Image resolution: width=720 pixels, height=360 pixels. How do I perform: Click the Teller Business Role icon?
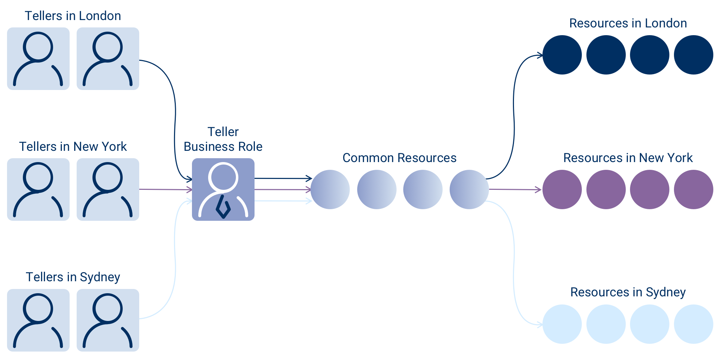(x=223, y=189)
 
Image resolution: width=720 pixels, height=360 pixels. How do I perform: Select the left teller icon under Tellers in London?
(x=38, y=59)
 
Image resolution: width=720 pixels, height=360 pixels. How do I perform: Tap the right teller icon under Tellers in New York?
(x=108, y=189)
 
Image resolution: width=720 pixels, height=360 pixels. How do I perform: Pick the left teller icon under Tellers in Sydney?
(x=38, y=320)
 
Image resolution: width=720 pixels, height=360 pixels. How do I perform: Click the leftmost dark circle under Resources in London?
(x=562, y=55)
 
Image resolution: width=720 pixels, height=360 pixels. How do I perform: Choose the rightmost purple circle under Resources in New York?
(x=694, y=189)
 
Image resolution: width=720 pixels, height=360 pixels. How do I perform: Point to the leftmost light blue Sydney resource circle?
(x=562, y=324)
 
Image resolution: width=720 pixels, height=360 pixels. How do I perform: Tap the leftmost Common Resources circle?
(x=330, y=189)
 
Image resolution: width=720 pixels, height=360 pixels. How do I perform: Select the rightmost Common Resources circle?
(x=469, y=189)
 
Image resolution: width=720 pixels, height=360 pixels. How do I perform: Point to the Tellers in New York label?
(x=73, y=147)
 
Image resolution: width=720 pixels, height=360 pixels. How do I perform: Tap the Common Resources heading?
(x=399, y=158)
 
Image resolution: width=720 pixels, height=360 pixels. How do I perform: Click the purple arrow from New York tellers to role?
(x=166, y=189)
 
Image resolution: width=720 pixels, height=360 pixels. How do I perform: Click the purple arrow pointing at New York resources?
(x=515, y=189)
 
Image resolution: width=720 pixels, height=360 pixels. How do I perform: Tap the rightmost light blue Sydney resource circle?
(x=694, y=324)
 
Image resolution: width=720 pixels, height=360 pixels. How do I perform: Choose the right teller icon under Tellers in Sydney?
(x=108, y=320)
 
